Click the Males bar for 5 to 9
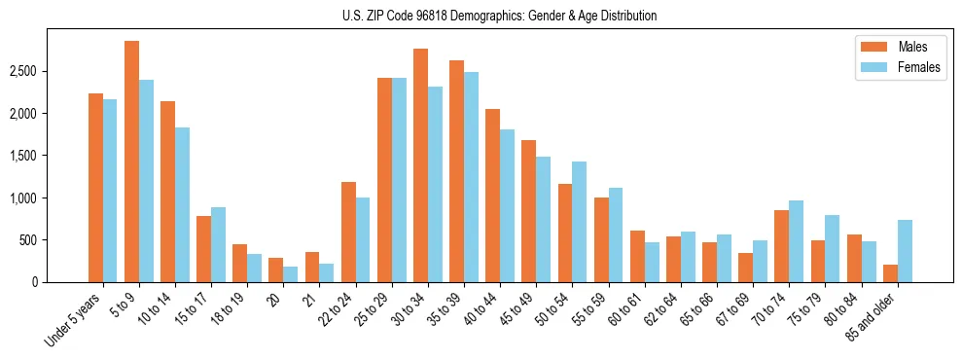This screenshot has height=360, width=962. click(x=131, y=162)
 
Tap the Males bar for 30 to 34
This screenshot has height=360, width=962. click(x=420, y=165)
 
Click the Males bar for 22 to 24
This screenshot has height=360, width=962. click(x=348, y=232)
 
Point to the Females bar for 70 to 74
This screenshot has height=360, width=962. click(x=797, y=241)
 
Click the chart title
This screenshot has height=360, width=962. click(x=499, y=16)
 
